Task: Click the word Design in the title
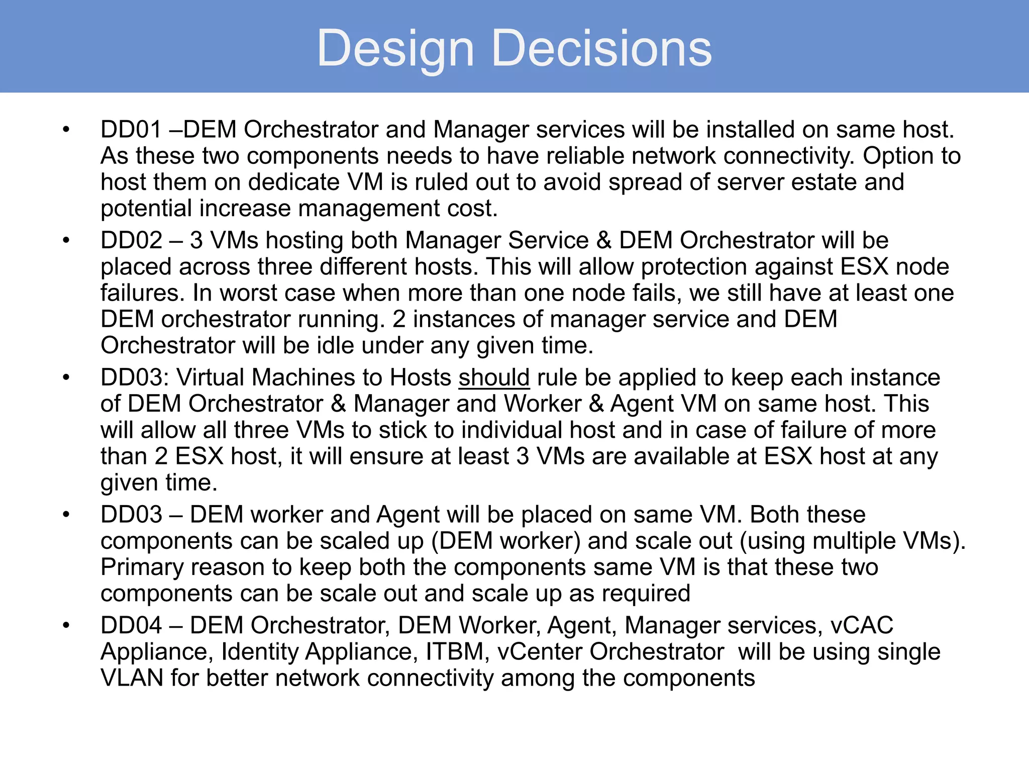(395, 49)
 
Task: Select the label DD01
(131, 130)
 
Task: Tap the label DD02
(131, 240)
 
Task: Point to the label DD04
(131, 625)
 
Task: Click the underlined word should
(494, 377)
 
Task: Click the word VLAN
(132, 678)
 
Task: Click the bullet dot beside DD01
(66, 130)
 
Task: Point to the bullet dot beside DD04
(66, 626)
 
